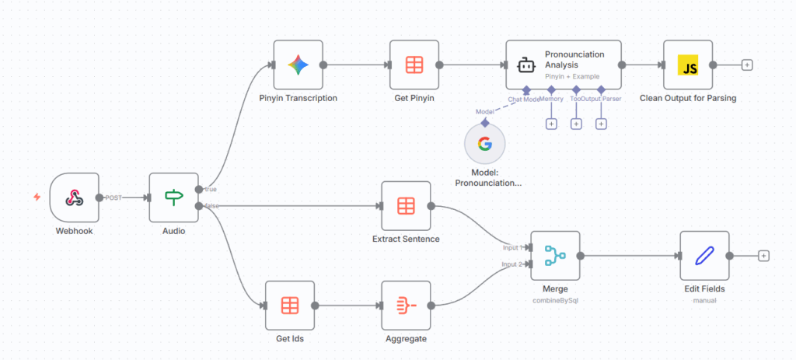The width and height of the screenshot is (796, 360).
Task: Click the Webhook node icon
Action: pos(74,197)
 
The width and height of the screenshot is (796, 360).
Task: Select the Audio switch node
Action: pos(173,197)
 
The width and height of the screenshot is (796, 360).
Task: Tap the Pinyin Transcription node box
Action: pos(298,65)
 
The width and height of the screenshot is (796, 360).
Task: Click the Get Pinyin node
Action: pos(414,65)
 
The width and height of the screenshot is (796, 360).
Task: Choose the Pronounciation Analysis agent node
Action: pos(564,65)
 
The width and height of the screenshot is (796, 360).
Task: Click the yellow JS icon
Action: pos(688,65)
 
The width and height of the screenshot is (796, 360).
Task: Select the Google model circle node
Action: pos(484,144)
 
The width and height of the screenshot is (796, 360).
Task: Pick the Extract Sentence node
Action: pos(406,206)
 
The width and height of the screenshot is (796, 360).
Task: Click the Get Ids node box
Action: pos(289,305)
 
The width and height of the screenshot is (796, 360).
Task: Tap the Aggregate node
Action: pos(406,305)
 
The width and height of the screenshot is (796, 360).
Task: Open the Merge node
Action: pos(555,255)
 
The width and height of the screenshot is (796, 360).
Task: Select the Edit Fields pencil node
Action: pos(704,255)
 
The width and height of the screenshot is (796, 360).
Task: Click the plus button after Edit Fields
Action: pos(763,255)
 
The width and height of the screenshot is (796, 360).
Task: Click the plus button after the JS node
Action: pos(747,65)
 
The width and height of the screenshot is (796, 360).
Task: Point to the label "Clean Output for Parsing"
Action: pos(688,99)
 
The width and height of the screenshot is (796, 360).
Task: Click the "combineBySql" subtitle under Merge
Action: pos(555,299)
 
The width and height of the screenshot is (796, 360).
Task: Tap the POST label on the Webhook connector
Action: pos(114,197)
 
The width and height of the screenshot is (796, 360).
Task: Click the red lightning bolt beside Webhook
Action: pos(37,197)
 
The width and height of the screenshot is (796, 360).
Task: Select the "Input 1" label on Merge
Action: pos(512,247)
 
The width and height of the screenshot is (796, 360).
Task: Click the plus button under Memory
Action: pos(551,124)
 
